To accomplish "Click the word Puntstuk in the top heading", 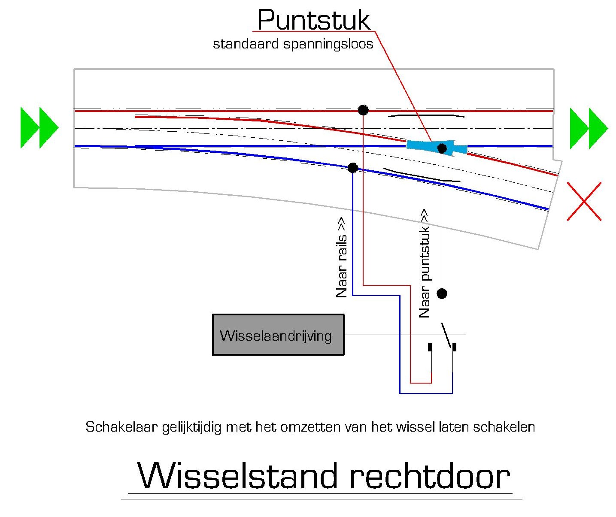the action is click(x=314, y=20).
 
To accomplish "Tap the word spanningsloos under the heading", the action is click(x=328, y=45).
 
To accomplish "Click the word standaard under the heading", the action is click(x=246, y=44).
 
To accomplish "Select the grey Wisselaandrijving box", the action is click(x=278, y=335).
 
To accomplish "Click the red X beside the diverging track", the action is click(x=584, y=201).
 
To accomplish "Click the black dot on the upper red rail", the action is click(x=363, y=110).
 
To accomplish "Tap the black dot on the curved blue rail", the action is click(x=353, y=168).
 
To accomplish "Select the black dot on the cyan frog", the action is click(x=442, y=148).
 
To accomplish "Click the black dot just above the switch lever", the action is click(x=442, y=293).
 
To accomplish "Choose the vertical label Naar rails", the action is click(x=342, y=257).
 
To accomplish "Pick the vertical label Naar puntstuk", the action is click(x=425, y=263).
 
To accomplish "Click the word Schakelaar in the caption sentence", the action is click(x=121, y=427).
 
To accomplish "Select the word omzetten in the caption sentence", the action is click(x=310, y=427).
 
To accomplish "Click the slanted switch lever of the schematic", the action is click(x=446, y=335).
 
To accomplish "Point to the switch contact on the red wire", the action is click(x=430, y=348).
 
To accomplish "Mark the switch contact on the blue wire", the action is click(x=454, y=348).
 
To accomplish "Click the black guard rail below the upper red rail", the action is click(x=426, y=115).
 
